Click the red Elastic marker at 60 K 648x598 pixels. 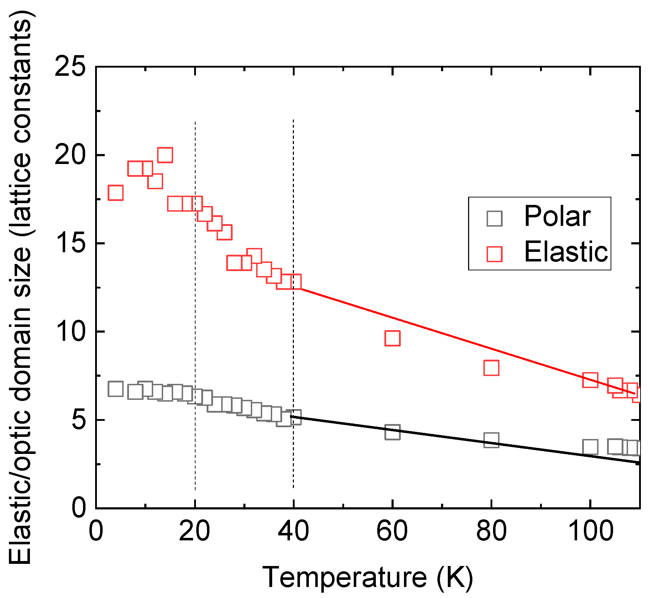392,338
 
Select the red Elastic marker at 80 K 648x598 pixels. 491,368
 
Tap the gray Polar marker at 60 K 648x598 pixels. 392,432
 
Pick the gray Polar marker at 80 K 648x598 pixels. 491,440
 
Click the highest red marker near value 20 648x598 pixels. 165,155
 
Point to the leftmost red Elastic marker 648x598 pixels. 115,193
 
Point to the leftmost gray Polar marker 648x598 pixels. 115,389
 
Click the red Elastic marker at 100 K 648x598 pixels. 590,380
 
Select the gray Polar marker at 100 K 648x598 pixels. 590,447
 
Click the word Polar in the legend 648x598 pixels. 557,216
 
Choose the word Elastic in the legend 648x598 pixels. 566,252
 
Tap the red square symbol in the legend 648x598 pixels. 494,254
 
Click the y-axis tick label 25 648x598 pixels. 70,67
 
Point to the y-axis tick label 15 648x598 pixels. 70,243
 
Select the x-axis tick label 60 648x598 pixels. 392,531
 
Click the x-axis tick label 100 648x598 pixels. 590,531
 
